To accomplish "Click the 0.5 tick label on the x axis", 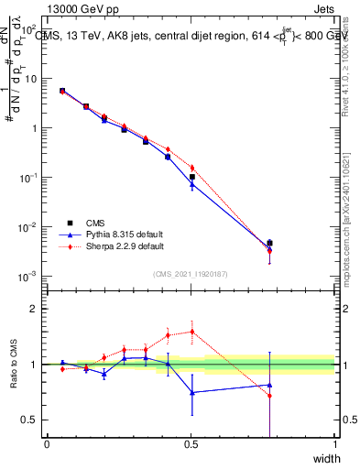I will [x=191, y=444].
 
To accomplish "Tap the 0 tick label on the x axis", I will [x=47, y=444].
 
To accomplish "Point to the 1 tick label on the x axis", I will [x=335, y=444].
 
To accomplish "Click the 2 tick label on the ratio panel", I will [x=36, y=310].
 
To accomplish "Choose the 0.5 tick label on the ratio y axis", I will [x=31, y=420].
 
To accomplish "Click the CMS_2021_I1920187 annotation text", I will [x=191, y=273].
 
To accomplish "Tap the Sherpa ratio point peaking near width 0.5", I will [x=191, y=332].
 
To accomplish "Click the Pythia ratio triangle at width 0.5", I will [x=191, y=392].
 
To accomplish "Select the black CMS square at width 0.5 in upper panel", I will [x=191, y=177].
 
